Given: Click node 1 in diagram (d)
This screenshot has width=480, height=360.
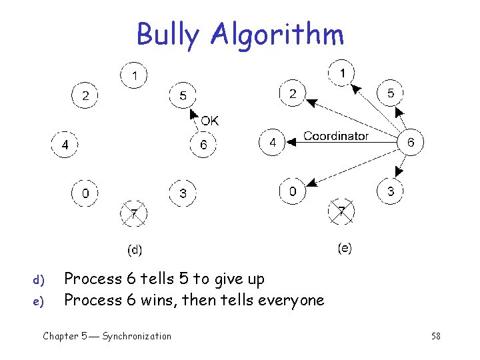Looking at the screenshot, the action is click(x=133, y=76).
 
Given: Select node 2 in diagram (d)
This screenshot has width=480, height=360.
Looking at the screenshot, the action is click(x=85, y=95).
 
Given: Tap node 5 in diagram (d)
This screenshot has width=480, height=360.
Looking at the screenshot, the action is click(x=183, y=95).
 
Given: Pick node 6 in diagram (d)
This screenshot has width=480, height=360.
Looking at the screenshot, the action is click(x=203, y=144).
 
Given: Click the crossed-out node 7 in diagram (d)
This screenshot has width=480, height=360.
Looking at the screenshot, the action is click(x=134, y=213).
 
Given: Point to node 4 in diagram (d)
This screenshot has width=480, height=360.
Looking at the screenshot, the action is click(x=65, y=144).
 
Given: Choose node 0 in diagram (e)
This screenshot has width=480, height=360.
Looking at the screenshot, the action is click(x=293, y=192).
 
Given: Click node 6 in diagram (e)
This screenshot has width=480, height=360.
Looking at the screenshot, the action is click(x=411, y=142).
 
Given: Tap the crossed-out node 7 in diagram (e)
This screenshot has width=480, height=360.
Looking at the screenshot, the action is click(x=341, y=212).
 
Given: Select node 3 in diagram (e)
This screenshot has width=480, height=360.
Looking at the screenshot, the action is click(x=391, y=192).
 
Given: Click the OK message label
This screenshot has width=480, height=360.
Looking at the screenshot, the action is click(x=209, y=121).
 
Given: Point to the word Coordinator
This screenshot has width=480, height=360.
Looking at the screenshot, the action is click(x=336, y=136).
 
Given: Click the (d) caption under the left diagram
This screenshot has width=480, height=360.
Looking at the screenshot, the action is click(x=135, y=250).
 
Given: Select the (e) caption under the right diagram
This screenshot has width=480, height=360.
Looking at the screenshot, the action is click(x=345, y=248).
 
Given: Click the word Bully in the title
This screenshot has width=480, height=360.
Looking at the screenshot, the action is click(x=167, y=35).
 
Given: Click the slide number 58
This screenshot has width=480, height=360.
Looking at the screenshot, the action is click(x=435, y=337).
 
